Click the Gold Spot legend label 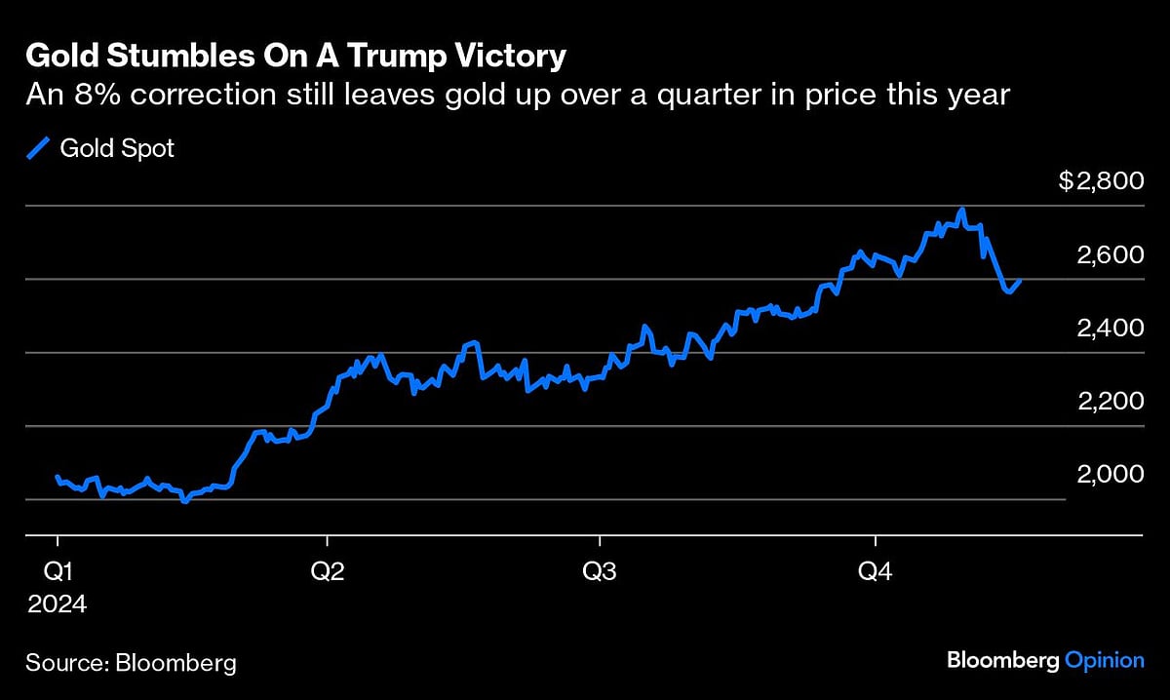point(117,149)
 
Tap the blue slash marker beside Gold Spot point(38,148)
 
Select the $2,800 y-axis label point(1101,182)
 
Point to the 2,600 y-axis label point(1110,254)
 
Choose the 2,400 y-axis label point(1110,328)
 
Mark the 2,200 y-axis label point(1110,401)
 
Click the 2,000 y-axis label point(1110,474)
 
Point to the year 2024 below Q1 point(57,604)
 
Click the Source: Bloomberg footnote point(132,663)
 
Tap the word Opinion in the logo point(1104,661)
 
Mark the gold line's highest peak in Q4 point(962,210)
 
